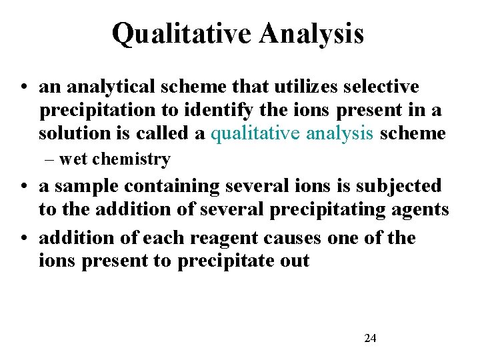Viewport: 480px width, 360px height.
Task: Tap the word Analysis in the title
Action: (x=312, y=33)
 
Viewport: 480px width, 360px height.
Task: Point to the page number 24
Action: (x=370, y=339)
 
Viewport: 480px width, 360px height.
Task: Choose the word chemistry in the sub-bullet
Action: (x=132, y=159)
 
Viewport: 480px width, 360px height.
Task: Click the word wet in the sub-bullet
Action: (x=74, y=159)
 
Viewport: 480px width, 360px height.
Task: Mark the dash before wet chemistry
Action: (x=51, y=159)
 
